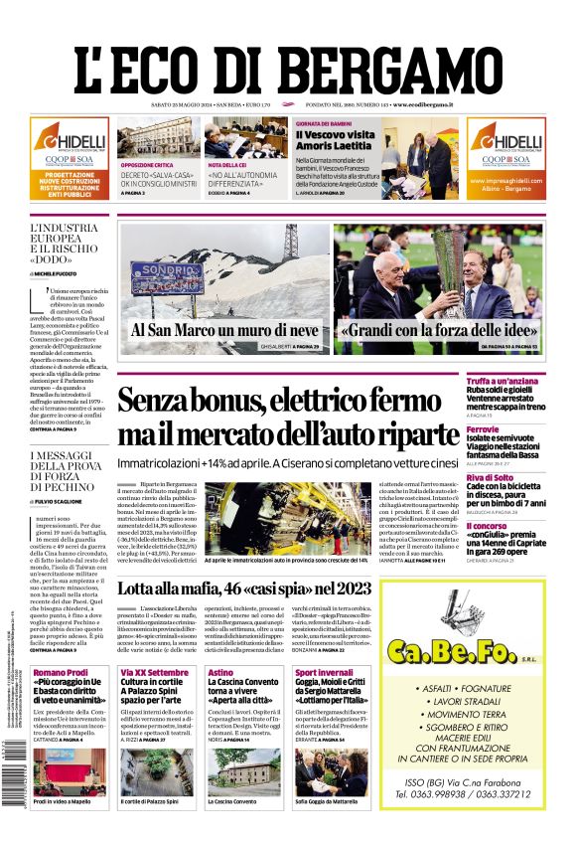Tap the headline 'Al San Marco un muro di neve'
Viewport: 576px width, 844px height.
223,330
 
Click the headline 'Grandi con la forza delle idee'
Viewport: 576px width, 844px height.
424,330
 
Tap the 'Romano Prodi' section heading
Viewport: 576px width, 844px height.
62,673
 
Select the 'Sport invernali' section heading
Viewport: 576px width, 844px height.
324,673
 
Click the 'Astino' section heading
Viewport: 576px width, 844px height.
220,673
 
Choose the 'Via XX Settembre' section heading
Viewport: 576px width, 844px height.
154,673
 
